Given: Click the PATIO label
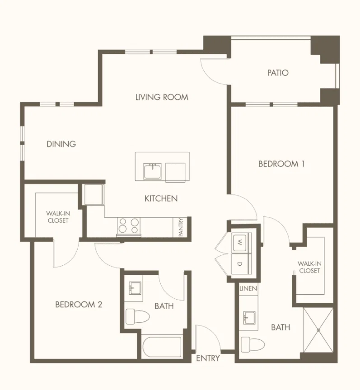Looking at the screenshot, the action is [278, 73].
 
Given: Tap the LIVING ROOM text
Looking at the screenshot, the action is [162, 97].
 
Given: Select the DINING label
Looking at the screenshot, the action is [61, 144].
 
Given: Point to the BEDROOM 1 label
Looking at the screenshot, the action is [281, 164].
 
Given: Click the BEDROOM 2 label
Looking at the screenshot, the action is [79, 305].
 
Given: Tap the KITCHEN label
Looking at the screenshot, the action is [161, 198].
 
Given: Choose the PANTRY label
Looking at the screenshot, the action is [181, 227].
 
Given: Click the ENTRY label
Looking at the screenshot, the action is [208, 358].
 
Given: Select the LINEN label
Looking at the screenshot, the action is [248, 288].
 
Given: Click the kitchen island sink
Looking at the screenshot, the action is [152, 171].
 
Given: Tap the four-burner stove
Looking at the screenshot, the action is [128, 226].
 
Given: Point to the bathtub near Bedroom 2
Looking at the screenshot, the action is [162, 348].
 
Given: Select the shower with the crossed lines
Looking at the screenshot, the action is [318, 330].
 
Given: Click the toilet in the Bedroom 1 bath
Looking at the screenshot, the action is [252, 344].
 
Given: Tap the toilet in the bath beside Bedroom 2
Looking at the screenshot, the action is [137, 317].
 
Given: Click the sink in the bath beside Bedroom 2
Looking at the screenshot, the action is [135, 288].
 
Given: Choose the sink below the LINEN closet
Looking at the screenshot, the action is [249, 318].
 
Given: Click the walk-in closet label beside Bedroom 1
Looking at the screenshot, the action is [309, 267].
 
